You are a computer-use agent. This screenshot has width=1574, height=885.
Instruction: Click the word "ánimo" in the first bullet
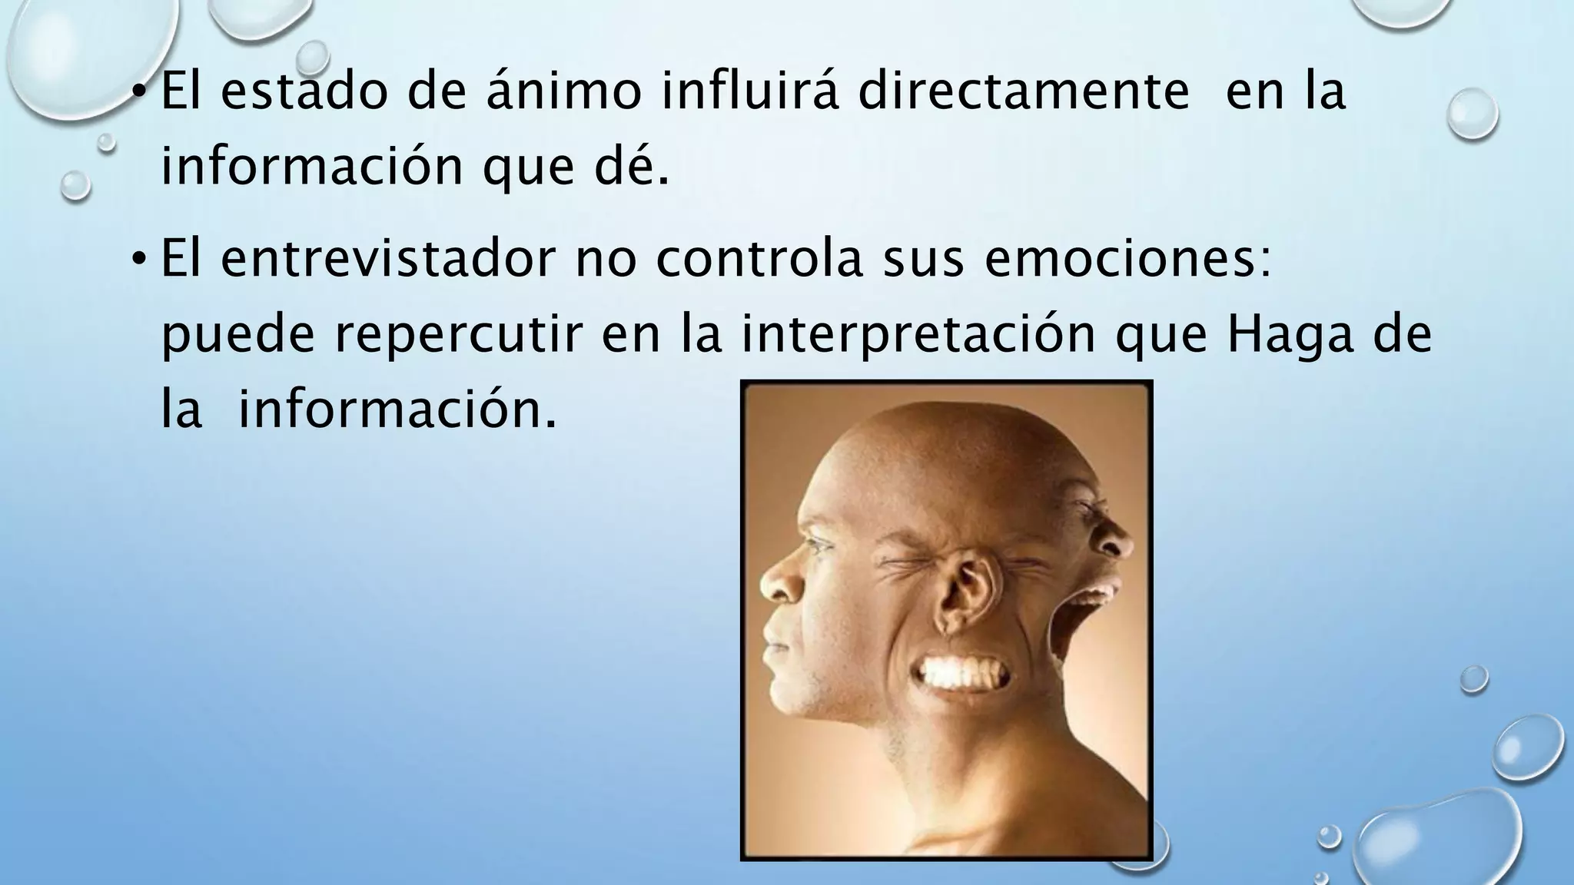pos(564,91)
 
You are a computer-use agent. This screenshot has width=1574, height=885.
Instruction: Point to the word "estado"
pos(304,91)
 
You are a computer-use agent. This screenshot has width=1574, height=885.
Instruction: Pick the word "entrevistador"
pos(387,260)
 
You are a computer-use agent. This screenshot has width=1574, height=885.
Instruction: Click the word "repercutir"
pos(457,335)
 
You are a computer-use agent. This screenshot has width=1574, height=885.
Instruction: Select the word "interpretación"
pos(918,335)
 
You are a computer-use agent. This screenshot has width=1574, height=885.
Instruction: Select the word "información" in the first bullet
pos(311,165)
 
